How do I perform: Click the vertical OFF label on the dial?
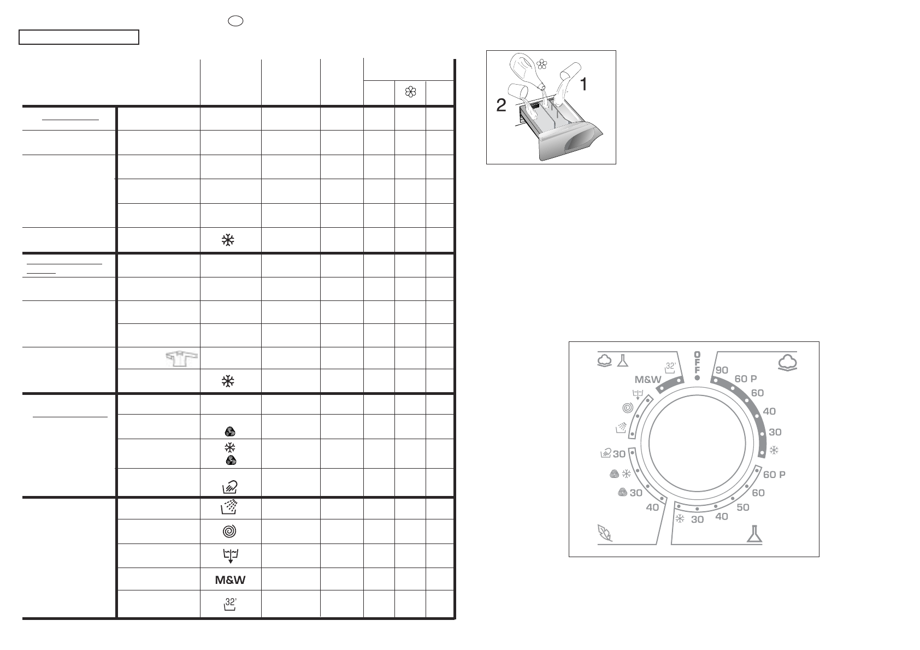(697, 363)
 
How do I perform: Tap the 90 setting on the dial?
(722, 370)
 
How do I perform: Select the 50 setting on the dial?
(742, 507)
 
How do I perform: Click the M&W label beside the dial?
(648, 380)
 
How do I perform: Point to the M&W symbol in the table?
(230, 580)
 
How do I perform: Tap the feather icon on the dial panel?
(605, 533)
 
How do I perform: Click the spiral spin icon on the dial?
(628, 408)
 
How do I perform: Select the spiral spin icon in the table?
(229, 531)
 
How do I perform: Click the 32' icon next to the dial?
(670, 368)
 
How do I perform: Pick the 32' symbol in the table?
(230, 604)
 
